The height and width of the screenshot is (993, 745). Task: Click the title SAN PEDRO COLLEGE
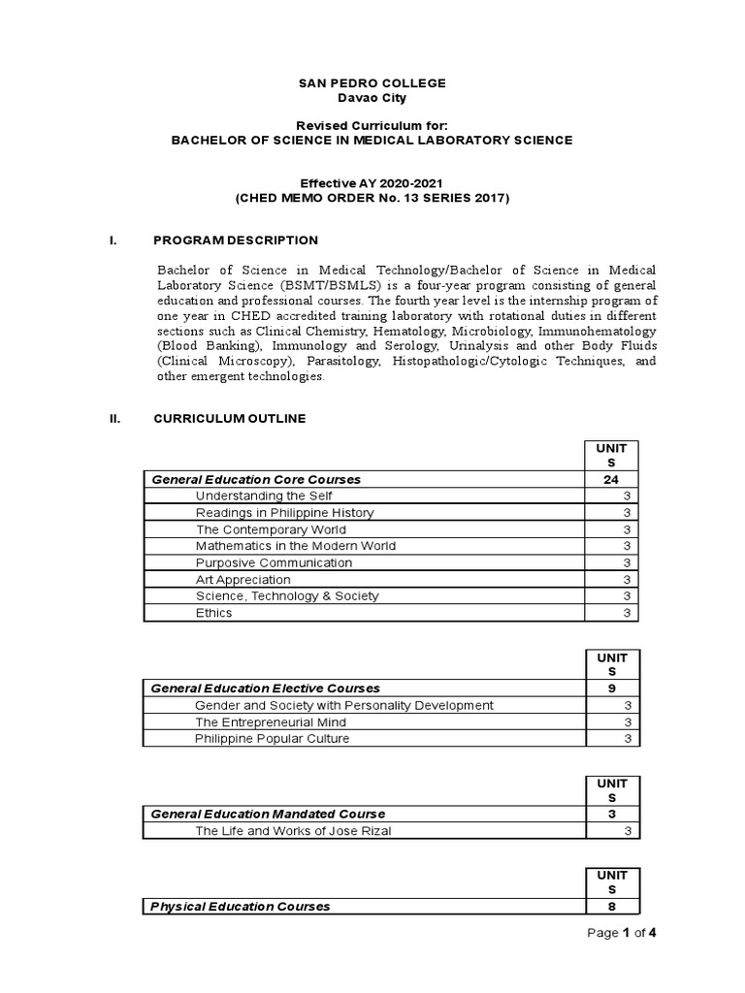pos(372,83)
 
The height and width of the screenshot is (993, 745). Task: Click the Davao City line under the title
pos(372,99)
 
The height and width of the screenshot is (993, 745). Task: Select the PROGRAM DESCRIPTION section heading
pos(236,240)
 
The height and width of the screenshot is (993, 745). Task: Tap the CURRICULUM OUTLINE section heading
pos(230,418)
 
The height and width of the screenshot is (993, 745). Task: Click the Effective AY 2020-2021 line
pos(372,182)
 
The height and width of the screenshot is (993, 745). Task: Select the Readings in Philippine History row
pos(284,512)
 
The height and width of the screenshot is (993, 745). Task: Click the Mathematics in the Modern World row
pos(295,545)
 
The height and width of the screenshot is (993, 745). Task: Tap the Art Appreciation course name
pos(243,579)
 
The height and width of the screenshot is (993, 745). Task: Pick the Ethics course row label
pos(213,612)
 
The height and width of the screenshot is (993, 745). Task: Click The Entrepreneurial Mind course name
pos(271,721)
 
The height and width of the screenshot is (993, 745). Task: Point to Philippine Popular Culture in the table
pos(272,738)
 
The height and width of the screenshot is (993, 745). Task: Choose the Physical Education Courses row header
pos(240,906)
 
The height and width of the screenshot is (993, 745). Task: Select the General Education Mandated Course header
pos(268,814)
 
